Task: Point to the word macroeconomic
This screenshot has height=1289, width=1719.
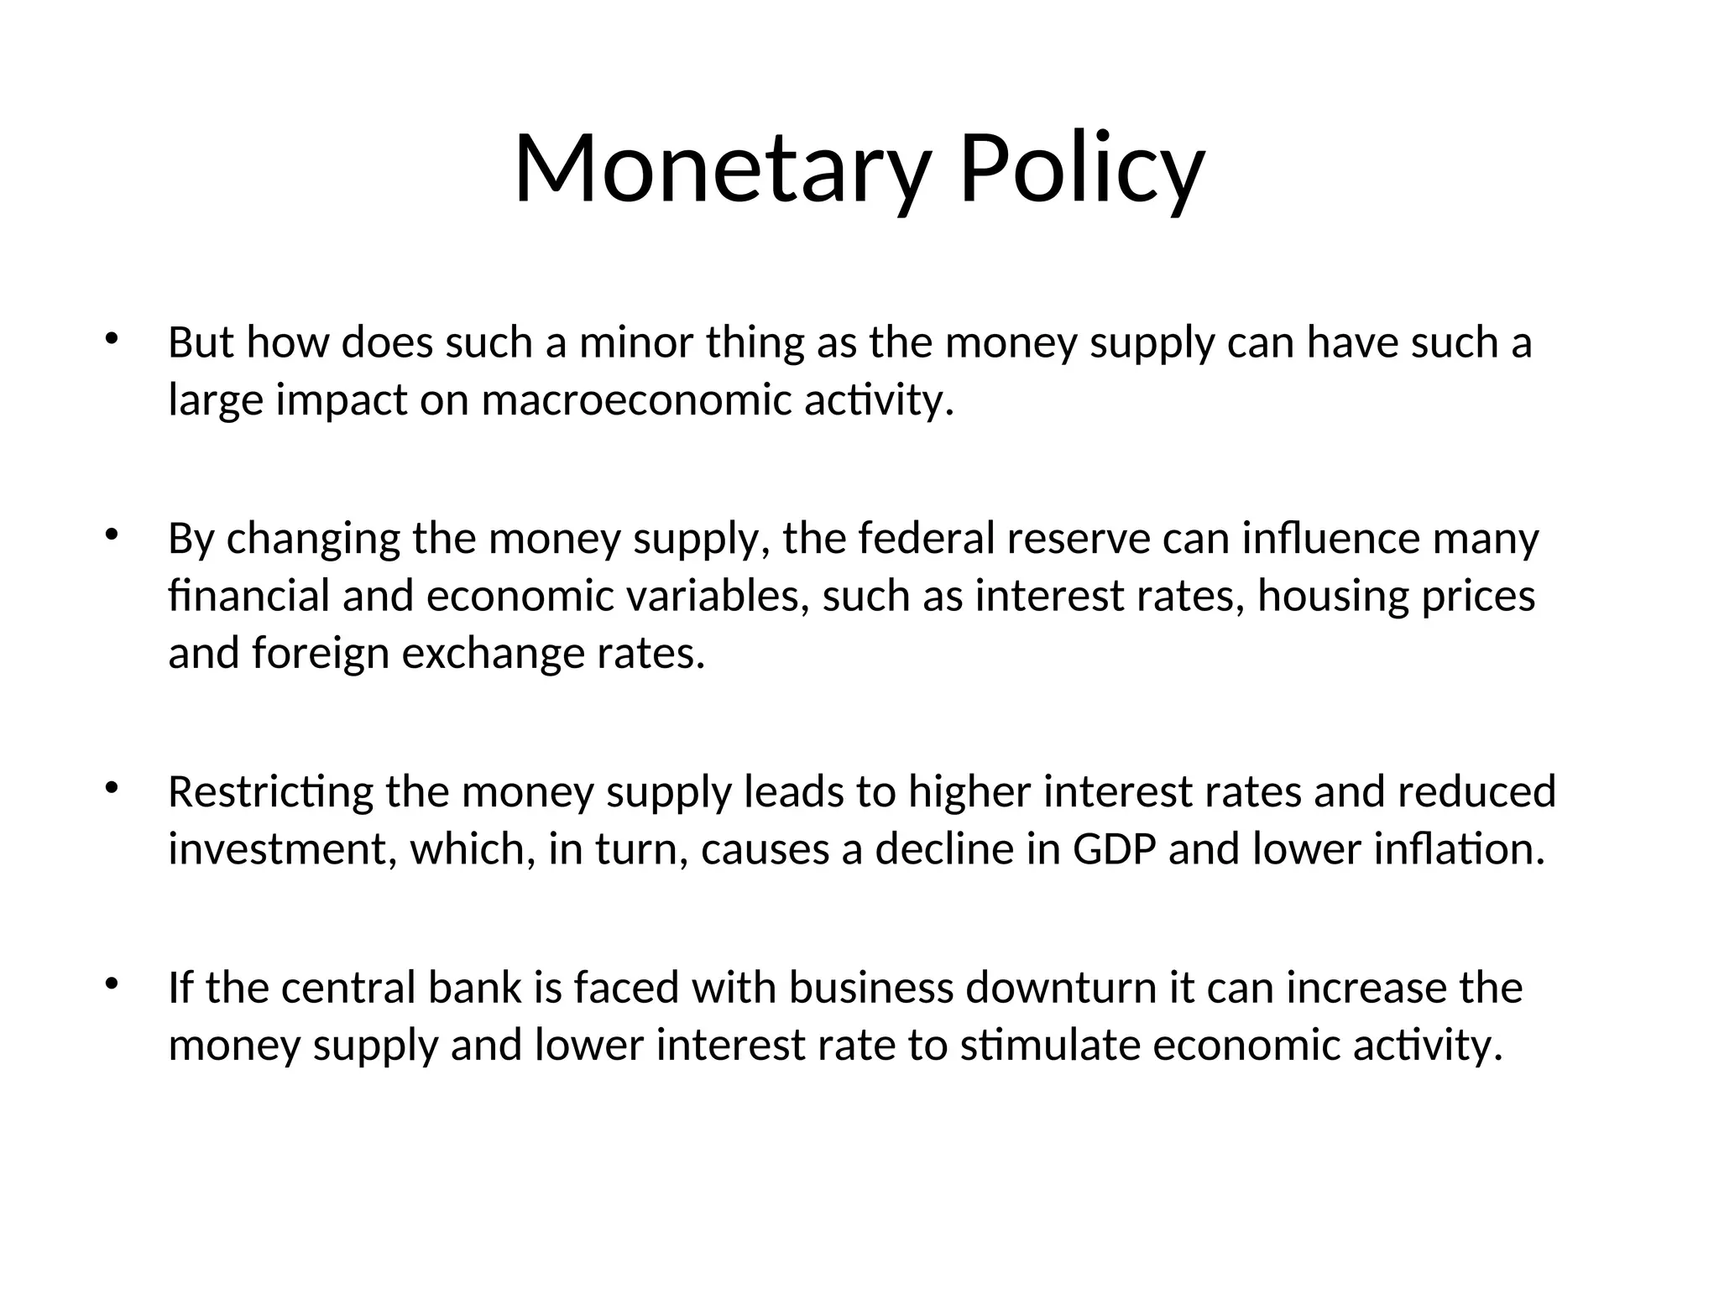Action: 637,399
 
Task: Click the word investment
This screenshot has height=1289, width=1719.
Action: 282,849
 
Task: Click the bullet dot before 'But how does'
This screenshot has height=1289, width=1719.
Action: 111,340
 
